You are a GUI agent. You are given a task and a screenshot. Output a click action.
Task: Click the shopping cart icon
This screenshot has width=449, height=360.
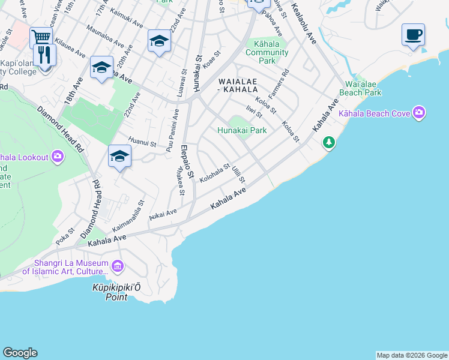[x=41, y=37]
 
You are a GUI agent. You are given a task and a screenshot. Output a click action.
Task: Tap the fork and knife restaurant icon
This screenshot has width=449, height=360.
[x=44, y=55]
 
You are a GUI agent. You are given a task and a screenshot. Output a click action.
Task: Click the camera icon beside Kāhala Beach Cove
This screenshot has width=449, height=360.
[x=418, y=113]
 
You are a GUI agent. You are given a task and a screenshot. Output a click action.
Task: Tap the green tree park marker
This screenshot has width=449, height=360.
[x=328, y=142]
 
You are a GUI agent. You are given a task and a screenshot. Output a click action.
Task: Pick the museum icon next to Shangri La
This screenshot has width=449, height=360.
[x=117, y=265]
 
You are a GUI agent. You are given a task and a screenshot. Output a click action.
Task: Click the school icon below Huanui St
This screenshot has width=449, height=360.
[x=119, y=157]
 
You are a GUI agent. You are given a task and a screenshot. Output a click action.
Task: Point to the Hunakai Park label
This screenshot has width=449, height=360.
[x=242, y=130]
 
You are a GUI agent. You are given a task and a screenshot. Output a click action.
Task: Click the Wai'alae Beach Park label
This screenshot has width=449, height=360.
[x=360, y=88]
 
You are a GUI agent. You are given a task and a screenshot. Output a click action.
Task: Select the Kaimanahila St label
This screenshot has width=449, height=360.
[x=130, y=217]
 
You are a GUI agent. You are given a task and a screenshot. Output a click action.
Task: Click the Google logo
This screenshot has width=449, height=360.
[x=20, y=353]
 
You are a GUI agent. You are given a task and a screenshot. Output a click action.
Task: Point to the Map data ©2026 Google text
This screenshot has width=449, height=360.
[x=412, y=355]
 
